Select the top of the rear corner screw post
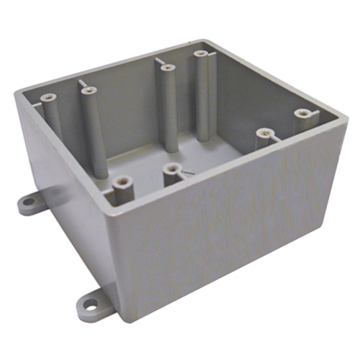pos(200,54)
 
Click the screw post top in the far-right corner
pos(303,113)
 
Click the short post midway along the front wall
pos(172,169)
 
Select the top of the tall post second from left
pos(88,91)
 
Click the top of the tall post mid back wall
pos(166,68)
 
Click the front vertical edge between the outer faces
pos(119,266)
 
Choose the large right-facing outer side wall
pos(230,230)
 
